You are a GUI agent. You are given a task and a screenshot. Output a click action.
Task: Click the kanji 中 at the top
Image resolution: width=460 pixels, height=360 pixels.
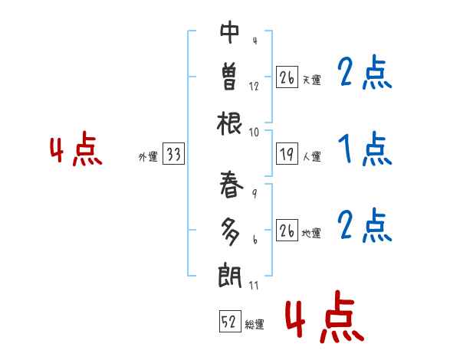tap(230, 32)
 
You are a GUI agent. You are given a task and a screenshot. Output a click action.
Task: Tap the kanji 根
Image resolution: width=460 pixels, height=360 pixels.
tap(230, 124)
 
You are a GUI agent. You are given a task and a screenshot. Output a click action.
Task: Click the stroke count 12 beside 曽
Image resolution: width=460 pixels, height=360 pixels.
tap(254, 87)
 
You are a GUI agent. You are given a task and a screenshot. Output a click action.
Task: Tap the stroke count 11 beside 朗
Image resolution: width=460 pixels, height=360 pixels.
tap(254, 286)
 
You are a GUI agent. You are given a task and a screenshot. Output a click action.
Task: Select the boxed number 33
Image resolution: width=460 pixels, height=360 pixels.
tap(173, 155)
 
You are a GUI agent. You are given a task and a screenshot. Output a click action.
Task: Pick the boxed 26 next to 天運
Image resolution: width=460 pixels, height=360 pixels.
tap(287, 78)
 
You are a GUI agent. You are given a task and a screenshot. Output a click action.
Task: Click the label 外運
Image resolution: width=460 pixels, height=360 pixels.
tap(148, 158)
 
